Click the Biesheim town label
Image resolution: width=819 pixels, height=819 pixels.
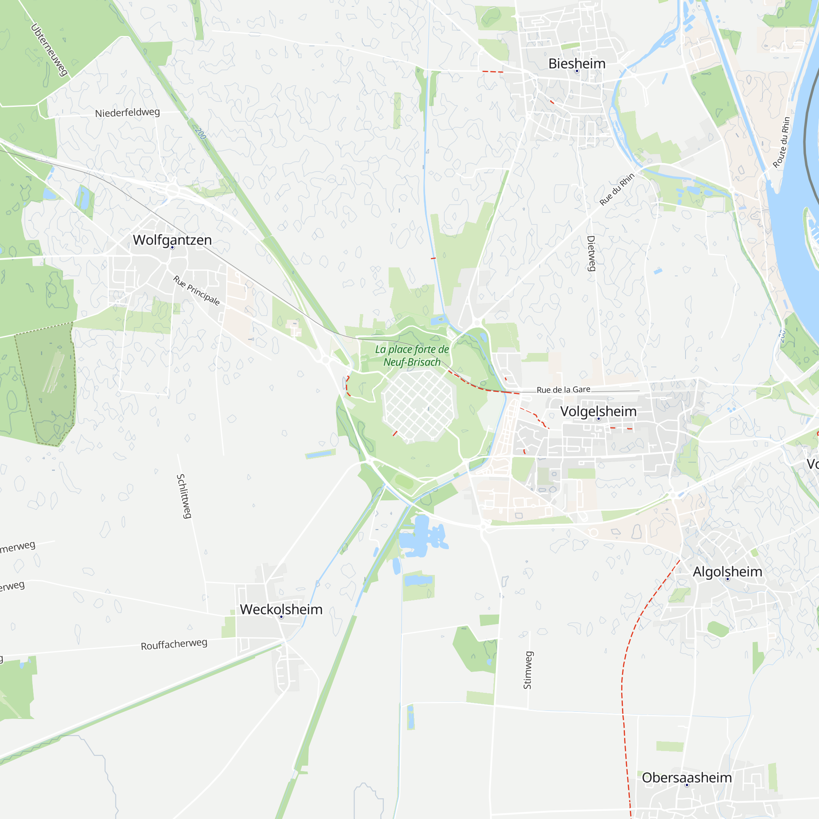pos(577,63)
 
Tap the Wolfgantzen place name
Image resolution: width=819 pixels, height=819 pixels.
pos(172,240)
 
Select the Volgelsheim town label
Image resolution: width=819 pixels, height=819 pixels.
pos(598,411)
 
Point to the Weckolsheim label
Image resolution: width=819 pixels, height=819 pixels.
pos(281,609)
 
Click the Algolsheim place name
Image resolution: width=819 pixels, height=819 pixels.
pos(727,571)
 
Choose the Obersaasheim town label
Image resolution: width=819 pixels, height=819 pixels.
pos(687,778)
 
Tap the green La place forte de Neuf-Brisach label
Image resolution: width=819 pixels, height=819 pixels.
pos(412,356)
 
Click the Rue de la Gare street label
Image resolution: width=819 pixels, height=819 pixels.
pos(563,389)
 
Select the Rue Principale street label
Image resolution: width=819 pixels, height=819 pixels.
pos(197,290)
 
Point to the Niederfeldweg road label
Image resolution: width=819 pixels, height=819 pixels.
pos(127,113)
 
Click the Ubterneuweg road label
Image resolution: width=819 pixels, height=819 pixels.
pos(50,50)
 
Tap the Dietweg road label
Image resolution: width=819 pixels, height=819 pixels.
pos(591,253)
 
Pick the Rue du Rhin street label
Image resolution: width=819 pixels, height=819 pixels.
pos(617,189)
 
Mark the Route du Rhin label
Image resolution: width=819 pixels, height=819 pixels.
pos(781,143)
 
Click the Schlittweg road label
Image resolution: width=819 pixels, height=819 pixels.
pos(184,496)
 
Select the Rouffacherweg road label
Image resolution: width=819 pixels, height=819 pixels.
pos(174,644)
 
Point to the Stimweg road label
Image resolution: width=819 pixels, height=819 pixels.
pos(527,670)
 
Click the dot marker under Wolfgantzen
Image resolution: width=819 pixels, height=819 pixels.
pos(172,247)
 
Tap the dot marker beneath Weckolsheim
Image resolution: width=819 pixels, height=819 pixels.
pos(281,617)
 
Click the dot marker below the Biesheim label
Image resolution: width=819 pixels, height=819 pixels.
pos(577,71)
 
